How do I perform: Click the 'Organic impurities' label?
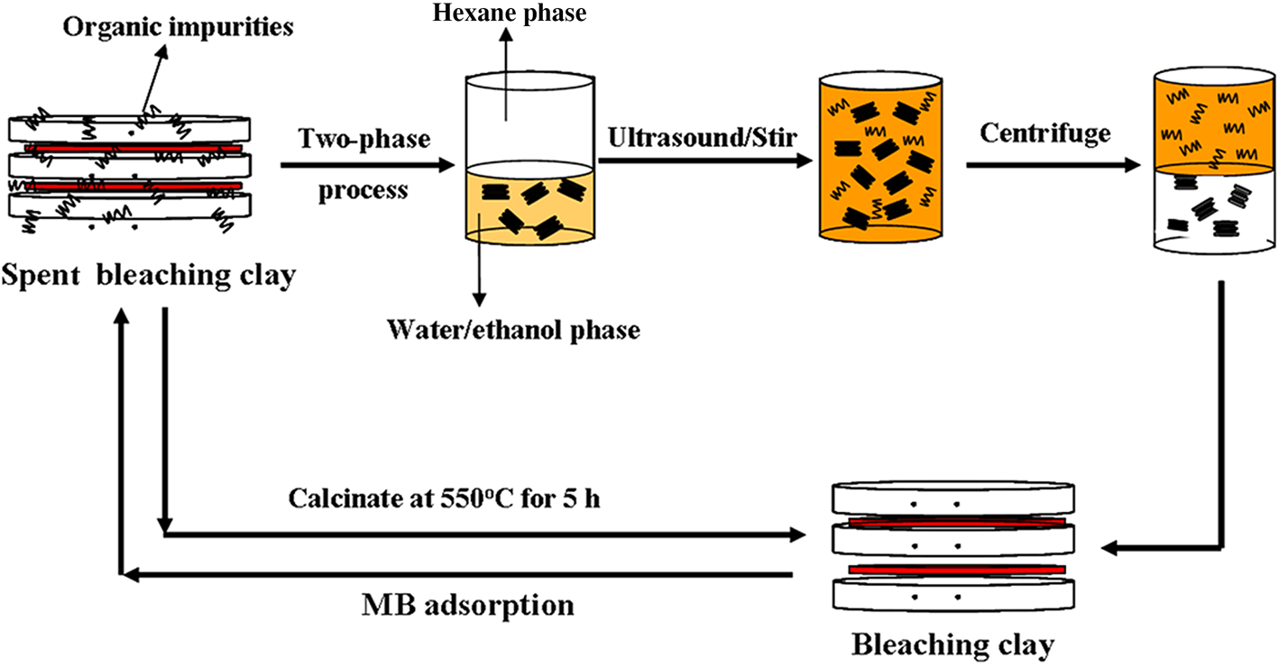(179, 27)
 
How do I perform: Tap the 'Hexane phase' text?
(509, 13)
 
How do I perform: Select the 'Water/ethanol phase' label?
(513, 330)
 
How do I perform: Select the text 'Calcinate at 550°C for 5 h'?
(445, 498)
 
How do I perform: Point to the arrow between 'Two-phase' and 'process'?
(365, 165)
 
